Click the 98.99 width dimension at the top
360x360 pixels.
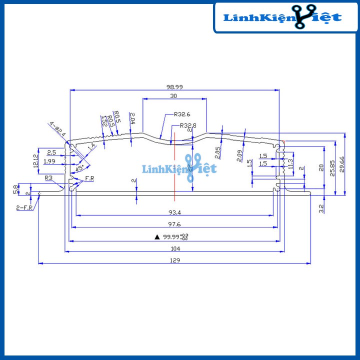coord(174,86)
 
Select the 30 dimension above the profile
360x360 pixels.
coord(173,95)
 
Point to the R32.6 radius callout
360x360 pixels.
coord(181,114)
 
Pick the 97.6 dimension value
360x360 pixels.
coord(174,224)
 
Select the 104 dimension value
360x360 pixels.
coord(174,248)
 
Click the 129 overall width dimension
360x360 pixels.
coord(174,260)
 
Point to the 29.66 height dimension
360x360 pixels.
coord(342,164)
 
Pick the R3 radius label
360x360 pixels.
coord(49,177)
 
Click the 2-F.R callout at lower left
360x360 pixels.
coord(24,207)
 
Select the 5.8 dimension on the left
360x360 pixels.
coord(15,189)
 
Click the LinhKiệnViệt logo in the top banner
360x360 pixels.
coord(282,18)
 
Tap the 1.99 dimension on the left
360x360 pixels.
coord(49,161)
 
